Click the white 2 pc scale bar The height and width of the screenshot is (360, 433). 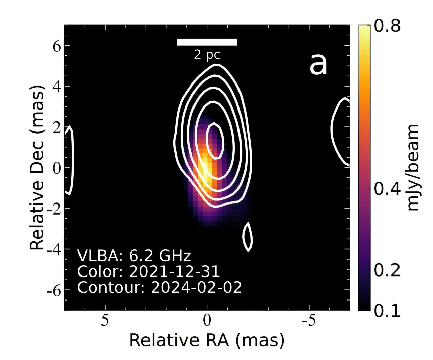pyautogui.click(x=207, y=42)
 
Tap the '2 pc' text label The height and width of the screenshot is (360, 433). pyautogui.click(x=207, y=54)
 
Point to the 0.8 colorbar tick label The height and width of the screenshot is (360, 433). pyautogui.click(x=387, y=26)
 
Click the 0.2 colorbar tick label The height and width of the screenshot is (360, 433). pyautogui.click(x=387, y=270)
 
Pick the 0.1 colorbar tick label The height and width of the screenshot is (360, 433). pyautogui.click(x=387, y=310)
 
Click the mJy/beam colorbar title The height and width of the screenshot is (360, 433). pyautogui.click(x=413, y=167)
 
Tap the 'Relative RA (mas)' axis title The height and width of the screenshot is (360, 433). pyautogui.click(x=207, y=340)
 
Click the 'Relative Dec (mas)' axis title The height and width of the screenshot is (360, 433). pyautogui.click(x=37, y=167)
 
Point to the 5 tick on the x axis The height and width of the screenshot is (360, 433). pyautogui.click(x=105, y=320)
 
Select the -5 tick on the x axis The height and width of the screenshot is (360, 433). pyautogui.click(x=309, y=320)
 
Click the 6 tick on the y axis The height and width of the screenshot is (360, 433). pyautogui.click(x=56, y=46)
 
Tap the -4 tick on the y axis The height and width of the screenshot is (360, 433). pyautogui.click(x=54, y=249)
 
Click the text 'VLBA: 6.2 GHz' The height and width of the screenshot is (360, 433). pyautogui.click(x=134, y=256)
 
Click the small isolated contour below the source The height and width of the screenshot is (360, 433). pyautogui.click(x=248, y=237)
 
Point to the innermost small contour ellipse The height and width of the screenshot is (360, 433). pyautogui.click(x=214, y=141)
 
